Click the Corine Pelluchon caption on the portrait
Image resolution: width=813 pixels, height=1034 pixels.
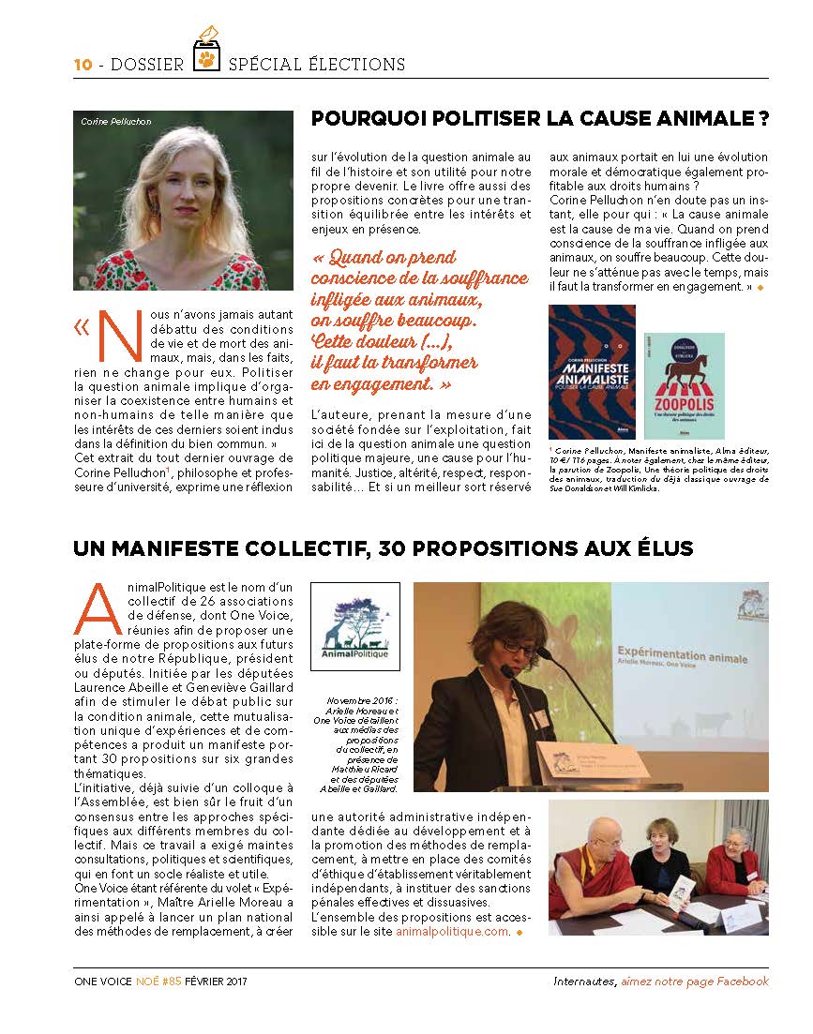[x=115, y=122]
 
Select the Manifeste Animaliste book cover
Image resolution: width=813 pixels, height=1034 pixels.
[x=592, y=371]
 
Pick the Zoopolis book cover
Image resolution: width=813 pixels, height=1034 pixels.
[x=685, y=385]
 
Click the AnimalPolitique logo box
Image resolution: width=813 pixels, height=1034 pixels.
[x=354, y=626]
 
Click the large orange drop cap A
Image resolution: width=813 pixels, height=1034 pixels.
[x=96, y=608]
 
